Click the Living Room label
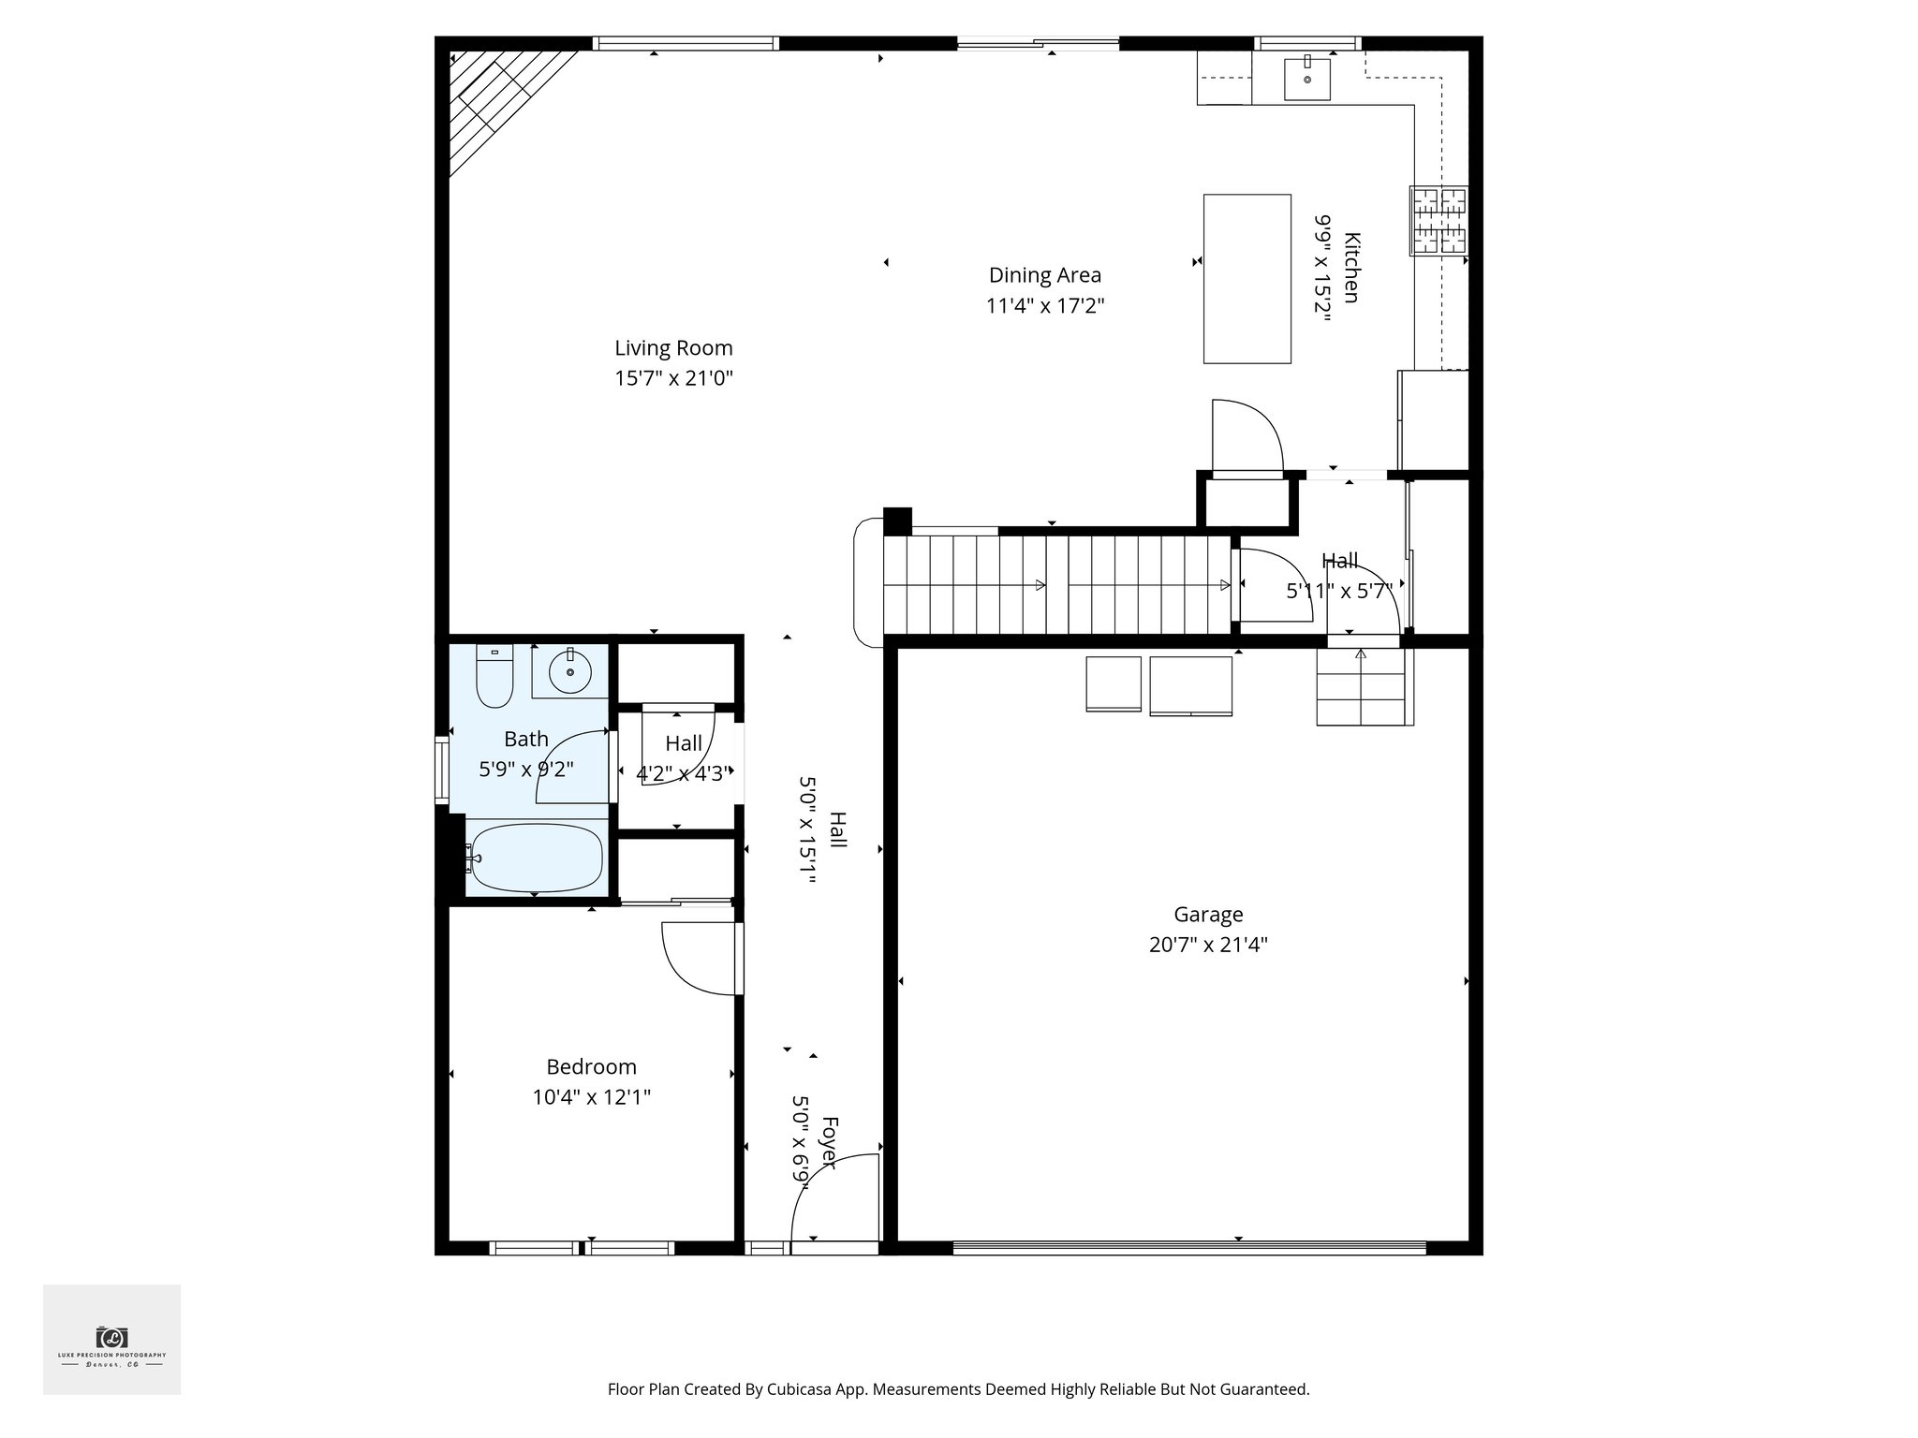(x=673, y=348)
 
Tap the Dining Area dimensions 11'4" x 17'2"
(x=1045, y=306)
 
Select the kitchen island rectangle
(x=1247, y=278)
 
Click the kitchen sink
(x=1306, y=79)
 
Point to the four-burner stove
(x=1438, y=221)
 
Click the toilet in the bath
(x=494, y=676)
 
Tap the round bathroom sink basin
(x=569, y=671)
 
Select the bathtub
(x=536, y=858)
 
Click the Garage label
(x=1208, y=914)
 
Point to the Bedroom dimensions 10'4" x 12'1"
(x=591, y=1097)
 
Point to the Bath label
(x=525, y=739)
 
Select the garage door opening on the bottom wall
(x=1188, y=1247)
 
